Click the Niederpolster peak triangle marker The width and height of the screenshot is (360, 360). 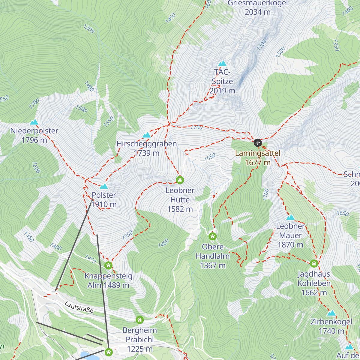coord(34,122)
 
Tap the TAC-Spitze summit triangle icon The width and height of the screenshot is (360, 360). coord(222,63)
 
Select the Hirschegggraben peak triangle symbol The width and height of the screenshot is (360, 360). coord(146,135)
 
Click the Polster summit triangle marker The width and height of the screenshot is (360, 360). coord(104,187)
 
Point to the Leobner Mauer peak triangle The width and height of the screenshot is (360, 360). coord(290,217)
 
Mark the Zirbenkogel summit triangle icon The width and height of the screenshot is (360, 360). coord(331,313)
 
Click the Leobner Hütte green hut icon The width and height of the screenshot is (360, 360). coord(180,180)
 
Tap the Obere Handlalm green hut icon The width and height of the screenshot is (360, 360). coord(212,236)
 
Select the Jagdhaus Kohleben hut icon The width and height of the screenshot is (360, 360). coord(314,263)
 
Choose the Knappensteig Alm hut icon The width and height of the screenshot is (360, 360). coord(108,265)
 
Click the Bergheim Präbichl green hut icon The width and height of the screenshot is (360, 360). coord(139,320)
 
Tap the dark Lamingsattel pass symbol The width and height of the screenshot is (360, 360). coord(258,142)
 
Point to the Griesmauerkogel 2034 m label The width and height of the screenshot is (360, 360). coord(258,7)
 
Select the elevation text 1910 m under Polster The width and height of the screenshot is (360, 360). coord(104,205)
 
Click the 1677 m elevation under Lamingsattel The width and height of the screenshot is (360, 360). coord(258,163)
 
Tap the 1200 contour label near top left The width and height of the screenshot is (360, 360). coord(89,29)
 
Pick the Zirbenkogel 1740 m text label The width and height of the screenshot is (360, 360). coord(331,326)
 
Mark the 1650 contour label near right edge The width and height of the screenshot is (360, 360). coord(343,213)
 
